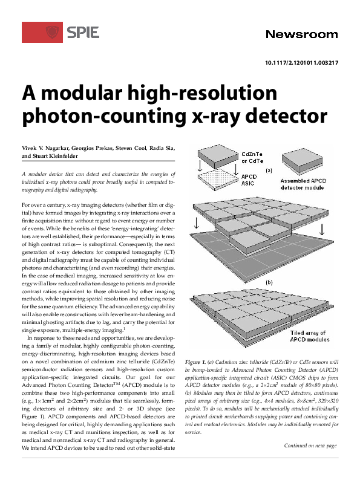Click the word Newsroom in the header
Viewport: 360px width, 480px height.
click(x=301, y=34)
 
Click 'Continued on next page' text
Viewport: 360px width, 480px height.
click(x=310, y=462)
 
